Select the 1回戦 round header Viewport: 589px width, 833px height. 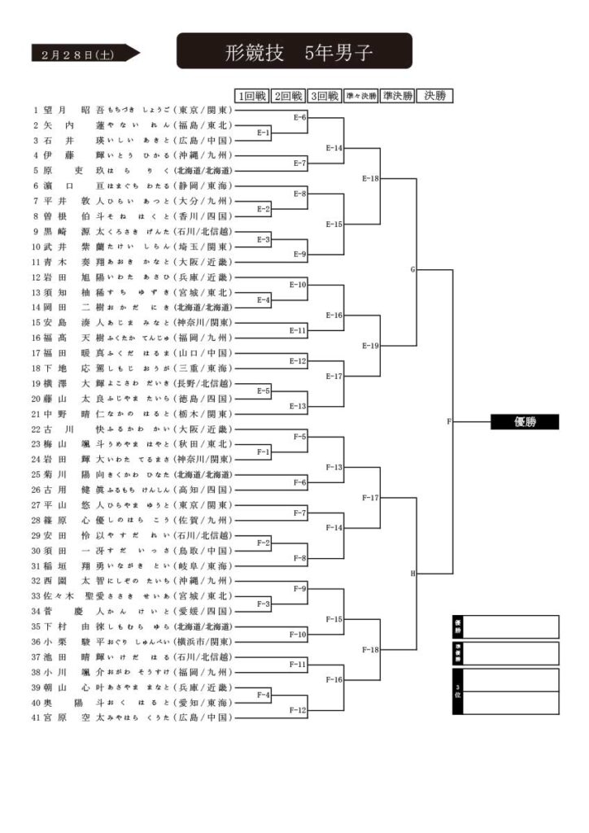pyautogui.click(x=251, y=96)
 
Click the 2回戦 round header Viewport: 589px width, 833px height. pyautogui.click(x=288, y=96)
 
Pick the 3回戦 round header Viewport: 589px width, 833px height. pyautogui.click(x=325, y=96)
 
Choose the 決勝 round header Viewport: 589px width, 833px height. pyautogui.click(x=434, y=96)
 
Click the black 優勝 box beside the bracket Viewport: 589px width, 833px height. pyautogui.click(x=524, y=421)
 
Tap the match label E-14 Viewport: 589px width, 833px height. pyautogui.click(x=334, y=148)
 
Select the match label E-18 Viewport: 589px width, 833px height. pyautogui.click(x=370, y=178)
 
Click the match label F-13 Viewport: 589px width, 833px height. pyautogui.click(x=334, y=467)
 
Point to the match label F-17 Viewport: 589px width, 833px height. pyautogui.click(x=370, y=497)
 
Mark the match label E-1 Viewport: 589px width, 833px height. pyautogui.click(x=264, y=133)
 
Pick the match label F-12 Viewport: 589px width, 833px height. pyautogui.click(x=298, y=710)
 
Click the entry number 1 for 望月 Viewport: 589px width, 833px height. pyautogui.click(x=36, y=110)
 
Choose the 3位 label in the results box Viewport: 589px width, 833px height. pyautogui.click(x=458, y=691)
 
